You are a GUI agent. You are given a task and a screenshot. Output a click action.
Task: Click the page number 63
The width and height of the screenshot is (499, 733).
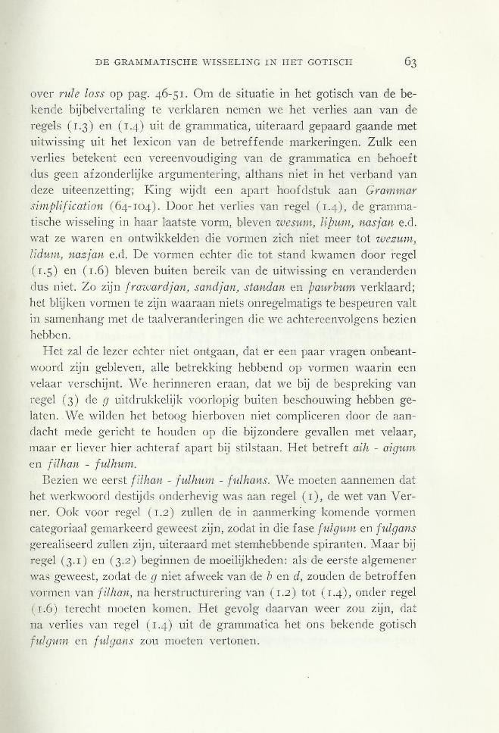[411, 61]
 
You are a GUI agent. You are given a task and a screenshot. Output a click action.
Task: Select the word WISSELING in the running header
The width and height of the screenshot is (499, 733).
[226, 62]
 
